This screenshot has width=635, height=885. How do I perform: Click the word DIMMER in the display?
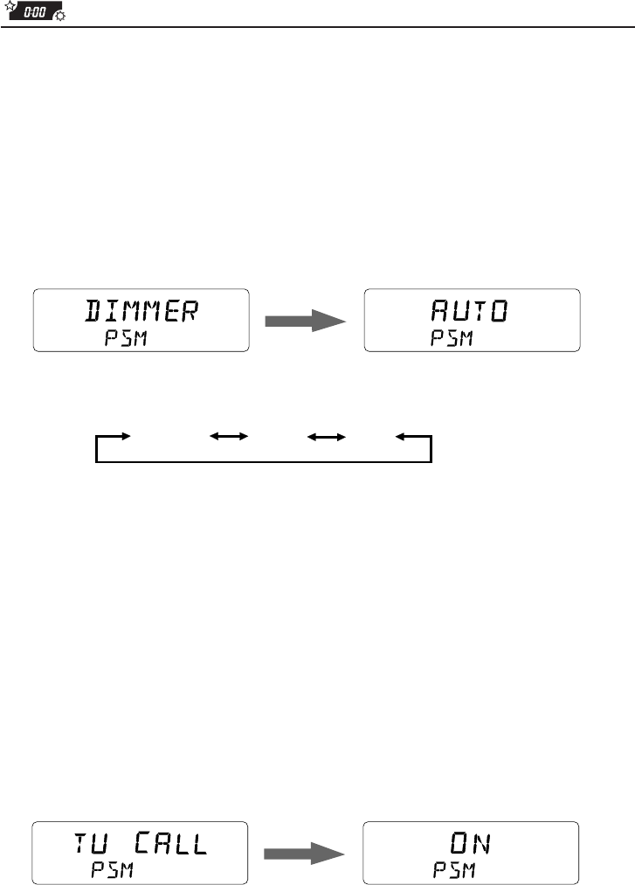[x=141, y=311]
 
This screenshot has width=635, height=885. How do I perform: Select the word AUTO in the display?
[x=471, y=311]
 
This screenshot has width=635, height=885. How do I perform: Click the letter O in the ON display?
[x=458, y=843]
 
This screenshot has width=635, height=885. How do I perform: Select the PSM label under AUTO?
[x=451, y=339]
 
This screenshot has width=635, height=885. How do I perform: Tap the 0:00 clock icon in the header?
[x=37, y=13]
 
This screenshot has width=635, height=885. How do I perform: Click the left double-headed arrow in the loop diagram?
[x=229, y=435]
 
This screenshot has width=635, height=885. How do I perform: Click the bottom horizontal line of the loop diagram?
[x=262, y=462]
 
